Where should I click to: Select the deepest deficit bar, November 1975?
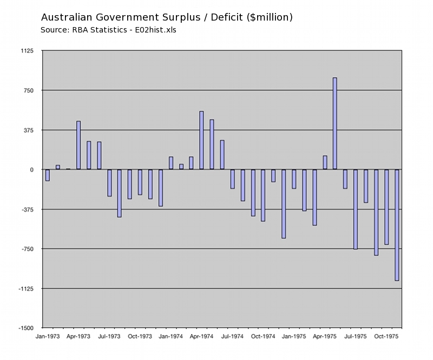click(397, 225)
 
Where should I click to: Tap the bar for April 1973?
click(78, 145)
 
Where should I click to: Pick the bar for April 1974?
click(201, 140)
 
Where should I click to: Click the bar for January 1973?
click(48, 175)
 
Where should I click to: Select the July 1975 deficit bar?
click(356, 209)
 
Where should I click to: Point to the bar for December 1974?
click(284, 204)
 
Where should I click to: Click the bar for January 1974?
click(171, 163)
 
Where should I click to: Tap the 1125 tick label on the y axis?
click(26, 51)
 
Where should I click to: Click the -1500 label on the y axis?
click(25, 328)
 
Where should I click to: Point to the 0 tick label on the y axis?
click(31, 169)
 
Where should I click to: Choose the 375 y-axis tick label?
click(28, 130)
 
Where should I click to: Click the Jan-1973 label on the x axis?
click(48, 336)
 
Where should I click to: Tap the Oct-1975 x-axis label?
click(386, 336)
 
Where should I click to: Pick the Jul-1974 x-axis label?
click(233, 336)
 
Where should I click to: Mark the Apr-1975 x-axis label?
click(325, 336)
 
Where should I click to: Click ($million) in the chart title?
click(269, 17)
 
